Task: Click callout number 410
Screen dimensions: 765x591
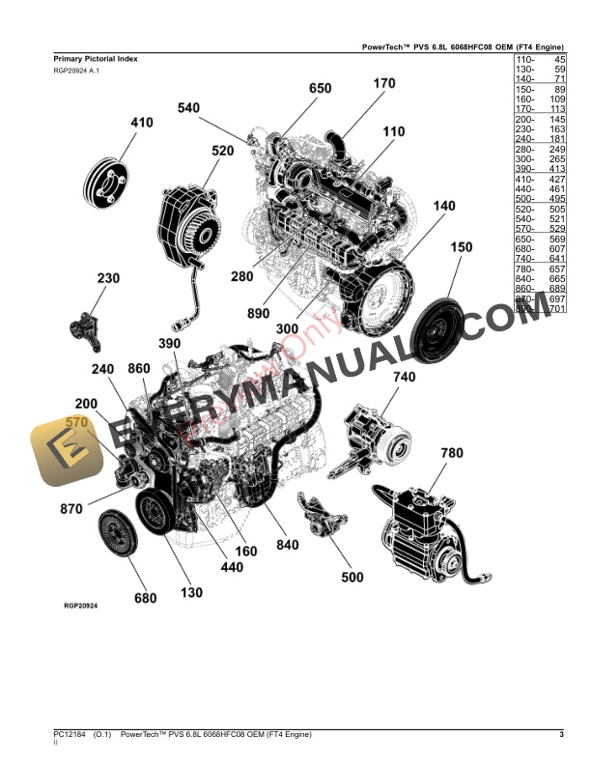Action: point(142,123)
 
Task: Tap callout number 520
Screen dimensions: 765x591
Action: point(222,151)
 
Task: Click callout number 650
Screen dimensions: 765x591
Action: point(320,89)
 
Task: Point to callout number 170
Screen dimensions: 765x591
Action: point(383,84)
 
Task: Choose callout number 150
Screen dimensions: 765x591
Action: point(461,247)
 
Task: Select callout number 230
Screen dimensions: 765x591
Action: point(107,279)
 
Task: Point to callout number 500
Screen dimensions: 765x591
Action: point(352,578)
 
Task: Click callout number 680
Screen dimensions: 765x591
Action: point(144,598)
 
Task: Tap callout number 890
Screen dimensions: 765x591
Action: point(257,314)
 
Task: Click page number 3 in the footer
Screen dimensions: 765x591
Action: point(561,736)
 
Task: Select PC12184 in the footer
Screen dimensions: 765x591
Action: point(71,736)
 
